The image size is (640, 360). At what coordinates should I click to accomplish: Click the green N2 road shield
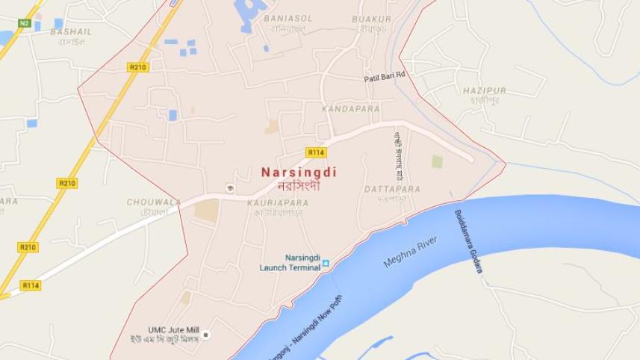[25, 23]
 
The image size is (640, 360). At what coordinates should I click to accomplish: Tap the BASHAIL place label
[71, 32]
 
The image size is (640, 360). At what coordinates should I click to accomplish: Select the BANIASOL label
[288, 19]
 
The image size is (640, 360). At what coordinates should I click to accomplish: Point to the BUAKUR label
[371, 19]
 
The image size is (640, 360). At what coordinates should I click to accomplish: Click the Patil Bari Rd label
[384, 76]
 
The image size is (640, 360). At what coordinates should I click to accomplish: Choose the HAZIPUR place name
[484, 91]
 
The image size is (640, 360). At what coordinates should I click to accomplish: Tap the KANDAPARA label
[350, 109]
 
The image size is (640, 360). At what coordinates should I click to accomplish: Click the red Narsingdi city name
[299, 173]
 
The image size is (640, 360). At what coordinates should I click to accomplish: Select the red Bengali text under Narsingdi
[299, 186]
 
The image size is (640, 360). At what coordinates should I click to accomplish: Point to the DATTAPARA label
[392, 190]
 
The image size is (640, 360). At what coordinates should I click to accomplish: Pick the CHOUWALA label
[154, 202]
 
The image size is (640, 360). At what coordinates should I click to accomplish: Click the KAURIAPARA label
[278, 202]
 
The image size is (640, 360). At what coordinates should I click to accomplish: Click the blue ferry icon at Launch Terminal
[326, 264]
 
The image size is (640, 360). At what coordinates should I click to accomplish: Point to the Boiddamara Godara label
[467, 241]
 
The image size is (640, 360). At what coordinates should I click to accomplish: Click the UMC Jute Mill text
[173, 329]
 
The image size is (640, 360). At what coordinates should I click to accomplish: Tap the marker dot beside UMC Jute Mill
[207, 335]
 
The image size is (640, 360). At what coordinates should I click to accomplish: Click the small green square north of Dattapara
[437, 161]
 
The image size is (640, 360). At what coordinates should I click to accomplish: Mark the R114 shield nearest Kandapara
[316, 152]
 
